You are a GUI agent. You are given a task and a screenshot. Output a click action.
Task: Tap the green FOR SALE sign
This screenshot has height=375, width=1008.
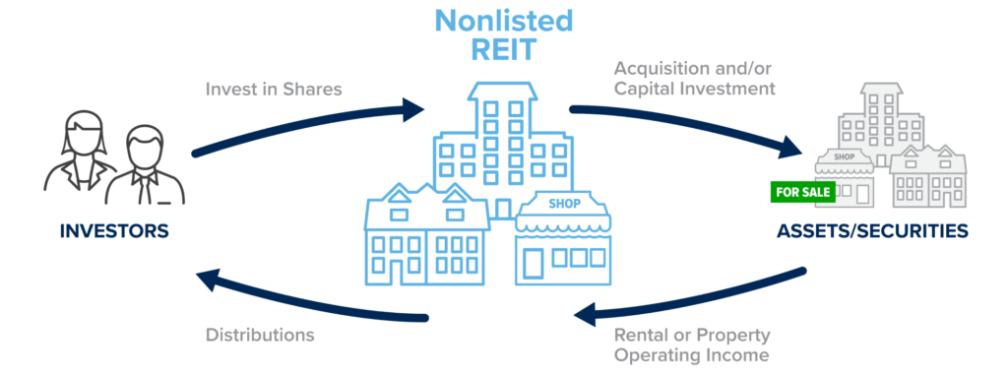point(801,192)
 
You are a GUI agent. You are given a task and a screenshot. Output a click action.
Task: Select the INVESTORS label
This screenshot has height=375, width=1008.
point(114,231)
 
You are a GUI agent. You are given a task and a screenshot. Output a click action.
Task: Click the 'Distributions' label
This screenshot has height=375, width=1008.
point(260,335)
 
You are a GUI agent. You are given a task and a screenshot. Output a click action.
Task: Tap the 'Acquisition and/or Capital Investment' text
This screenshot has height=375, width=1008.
point(695,78)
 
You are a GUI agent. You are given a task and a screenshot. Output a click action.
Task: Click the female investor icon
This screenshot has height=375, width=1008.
point(77,157)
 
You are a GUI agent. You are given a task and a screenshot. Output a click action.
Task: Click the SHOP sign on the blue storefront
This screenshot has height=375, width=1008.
point(564,205)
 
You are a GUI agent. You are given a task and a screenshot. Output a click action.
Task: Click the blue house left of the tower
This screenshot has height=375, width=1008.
point(425,236)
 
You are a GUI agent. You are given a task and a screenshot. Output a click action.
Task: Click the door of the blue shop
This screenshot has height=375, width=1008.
point(534,262)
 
